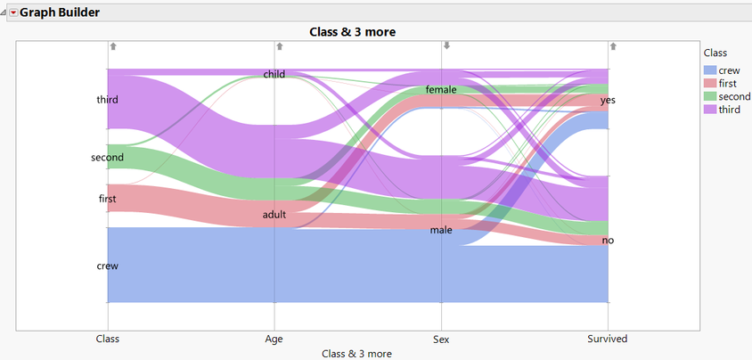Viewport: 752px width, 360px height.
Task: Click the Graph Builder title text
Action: tap(60, 12)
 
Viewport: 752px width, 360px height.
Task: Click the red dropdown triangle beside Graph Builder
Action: tap(13, 12)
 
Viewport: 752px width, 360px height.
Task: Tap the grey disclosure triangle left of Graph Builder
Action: tap(4, 12)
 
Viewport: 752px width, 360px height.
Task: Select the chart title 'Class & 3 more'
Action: tap(352, 32)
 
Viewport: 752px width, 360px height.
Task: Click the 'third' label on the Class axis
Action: tap(107, 100)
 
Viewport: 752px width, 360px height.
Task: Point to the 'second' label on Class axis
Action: tap(107, 158)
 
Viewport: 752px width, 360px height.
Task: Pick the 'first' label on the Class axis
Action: tap(107, 199)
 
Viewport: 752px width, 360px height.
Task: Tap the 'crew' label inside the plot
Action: tap(107, 266)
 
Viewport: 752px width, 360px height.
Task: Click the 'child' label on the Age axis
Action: tap(274, 75)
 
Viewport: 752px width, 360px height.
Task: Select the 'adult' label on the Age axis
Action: tap(274, 215)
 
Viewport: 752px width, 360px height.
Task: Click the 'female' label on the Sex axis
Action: tap(441, 90)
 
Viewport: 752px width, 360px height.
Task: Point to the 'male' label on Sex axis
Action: tap(441, 230)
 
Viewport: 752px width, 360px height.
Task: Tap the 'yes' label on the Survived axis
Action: tap(608, 100)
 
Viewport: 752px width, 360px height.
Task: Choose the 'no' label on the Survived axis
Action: tap(608, 241)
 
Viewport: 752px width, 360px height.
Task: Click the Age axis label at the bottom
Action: tap(274, 339)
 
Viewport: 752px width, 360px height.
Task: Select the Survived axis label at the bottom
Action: tap(608, 339)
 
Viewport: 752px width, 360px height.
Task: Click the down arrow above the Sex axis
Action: tap(447, 46)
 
